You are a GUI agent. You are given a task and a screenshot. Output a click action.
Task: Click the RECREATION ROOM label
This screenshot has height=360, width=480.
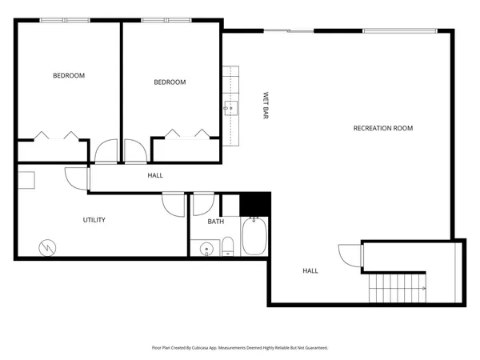pos(383,128)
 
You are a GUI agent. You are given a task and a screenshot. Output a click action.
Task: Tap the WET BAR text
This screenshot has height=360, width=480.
pos(265,106)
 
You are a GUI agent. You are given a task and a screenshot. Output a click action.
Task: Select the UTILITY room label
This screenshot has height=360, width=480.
pos(94,220)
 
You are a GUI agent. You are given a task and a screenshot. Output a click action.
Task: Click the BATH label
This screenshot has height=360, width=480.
pos(215,222)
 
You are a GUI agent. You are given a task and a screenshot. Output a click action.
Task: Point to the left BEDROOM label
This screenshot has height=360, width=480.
pos(69,76)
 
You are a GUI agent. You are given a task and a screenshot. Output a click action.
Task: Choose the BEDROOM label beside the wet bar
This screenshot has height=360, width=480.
pos(170,82)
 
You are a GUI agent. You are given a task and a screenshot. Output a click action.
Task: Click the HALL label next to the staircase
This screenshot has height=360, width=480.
pos(310,270)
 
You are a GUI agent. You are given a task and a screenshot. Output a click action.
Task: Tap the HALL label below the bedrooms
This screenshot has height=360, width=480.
pos(155,174)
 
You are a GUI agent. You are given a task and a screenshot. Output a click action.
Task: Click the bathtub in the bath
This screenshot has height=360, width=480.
pos(255,238)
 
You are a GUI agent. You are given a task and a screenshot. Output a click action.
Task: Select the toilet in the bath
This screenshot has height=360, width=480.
pos(228,246)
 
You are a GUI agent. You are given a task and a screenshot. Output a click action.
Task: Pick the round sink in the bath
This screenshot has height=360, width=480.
pos(206,247)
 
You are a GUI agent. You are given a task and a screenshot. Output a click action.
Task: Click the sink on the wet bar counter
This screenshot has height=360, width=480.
pos(231,106)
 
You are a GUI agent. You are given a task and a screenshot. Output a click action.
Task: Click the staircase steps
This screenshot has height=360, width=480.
pos(397,286)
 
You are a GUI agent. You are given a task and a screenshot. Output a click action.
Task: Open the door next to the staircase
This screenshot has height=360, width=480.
pos(350,254)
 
